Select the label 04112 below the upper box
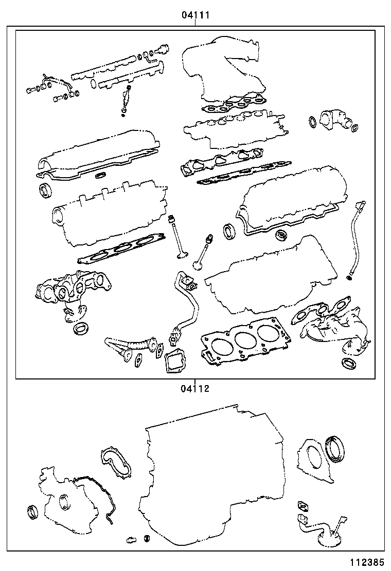click(x=195, y=388)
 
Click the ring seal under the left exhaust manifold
click(x=81, y=328)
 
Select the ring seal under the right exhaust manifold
click(x=348, y=364)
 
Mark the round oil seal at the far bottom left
click(x=33, y=512)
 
